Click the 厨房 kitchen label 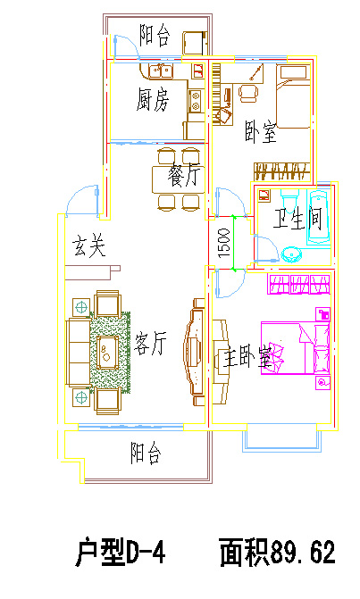coord(153,100)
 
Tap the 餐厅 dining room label coord(184,177)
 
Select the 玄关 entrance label coord(89,245)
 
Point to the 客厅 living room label coord(150,343)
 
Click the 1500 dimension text coord(224,243)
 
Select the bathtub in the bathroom coord(320,217)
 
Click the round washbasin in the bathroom coord(291,254)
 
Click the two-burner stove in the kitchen coord(196,101)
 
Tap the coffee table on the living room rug coord(106,352)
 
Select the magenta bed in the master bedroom coord(295,348)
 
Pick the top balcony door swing coord(126,46)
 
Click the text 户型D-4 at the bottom coord(121,552)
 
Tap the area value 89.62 coord(303,552)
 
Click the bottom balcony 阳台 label coord(146,453)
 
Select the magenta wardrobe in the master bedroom coord(299,284)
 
